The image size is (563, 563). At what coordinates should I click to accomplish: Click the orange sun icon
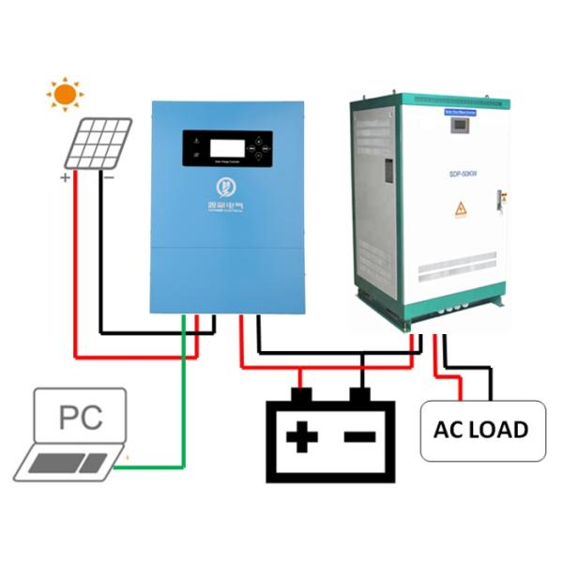65,94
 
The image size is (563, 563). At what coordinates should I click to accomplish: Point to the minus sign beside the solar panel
109,176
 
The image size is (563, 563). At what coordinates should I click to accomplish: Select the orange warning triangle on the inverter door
461,210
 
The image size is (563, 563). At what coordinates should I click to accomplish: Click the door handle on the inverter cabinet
388,172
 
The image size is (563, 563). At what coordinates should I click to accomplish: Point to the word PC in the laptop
81,418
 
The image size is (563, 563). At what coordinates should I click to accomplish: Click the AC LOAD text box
481,430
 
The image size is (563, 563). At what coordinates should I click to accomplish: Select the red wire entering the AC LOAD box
460,387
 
